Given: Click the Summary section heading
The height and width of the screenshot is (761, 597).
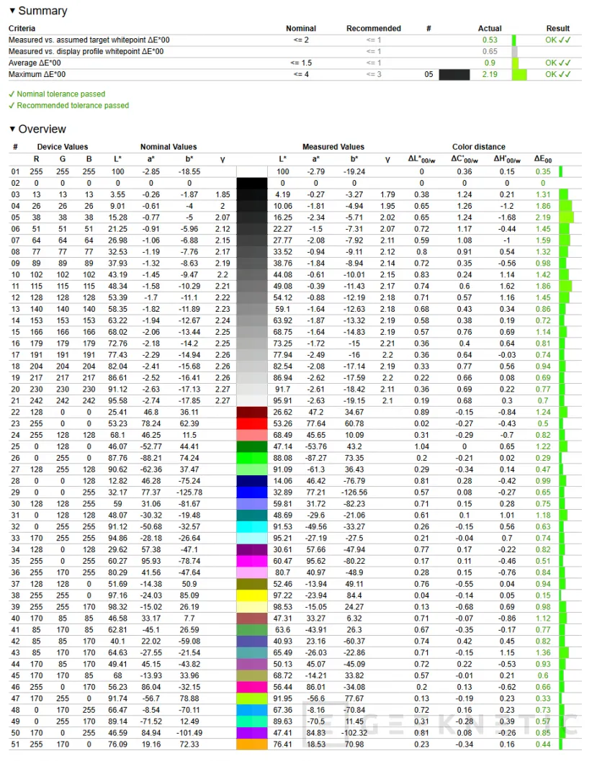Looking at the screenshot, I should coord(42,11).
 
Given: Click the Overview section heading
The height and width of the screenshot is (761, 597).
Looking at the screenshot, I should coord(42,130).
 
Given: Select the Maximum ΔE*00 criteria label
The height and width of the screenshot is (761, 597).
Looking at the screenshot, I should coord(37,74).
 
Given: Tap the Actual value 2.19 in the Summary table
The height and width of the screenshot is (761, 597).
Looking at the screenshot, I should coord(490,74).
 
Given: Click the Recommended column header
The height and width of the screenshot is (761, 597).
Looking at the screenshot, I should coord(373,29).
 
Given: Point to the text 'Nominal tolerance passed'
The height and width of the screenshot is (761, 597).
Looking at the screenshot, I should coord(60,94).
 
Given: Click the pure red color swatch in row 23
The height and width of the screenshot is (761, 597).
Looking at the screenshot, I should coord(252,424).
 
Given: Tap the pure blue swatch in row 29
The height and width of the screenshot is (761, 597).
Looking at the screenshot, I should coord(252,493).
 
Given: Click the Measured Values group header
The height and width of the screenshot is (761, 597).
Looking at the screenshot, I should coord(333,147).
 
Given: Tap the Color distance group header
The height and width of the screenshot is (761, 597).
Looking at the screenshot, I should coord(478,147).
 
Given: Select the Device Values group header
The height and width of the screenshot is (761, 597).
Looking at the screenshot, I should coord(63,147).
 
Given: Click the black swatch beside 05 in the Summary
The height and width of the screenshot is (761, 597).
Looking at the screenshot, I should coord(454,74).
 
